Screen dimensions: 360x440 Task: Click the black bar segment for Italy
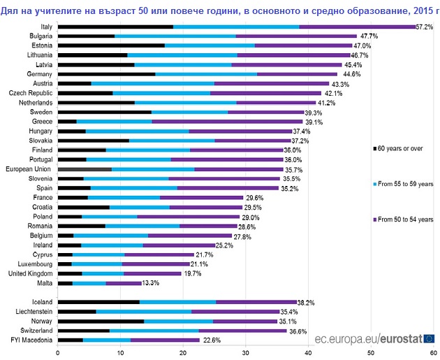tap(115, 27)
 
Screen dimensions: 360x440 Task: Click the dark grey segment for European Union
tap(85, 168)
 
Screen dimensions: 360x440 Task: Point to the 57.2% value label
tap(425, 27)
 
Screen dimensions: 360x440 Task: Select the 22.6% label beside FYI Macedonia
tap(212, 340)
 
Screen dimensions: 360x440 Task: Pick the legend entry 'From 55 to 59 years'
tap(409, 183)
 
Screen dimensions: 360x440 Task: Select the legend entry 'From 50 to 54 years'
tap(409, 219)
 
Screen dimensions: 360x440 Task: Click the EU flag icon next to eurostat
tap(428, 338)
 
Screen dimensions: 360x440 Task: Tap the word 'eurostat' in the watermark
tap(401, 338)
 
